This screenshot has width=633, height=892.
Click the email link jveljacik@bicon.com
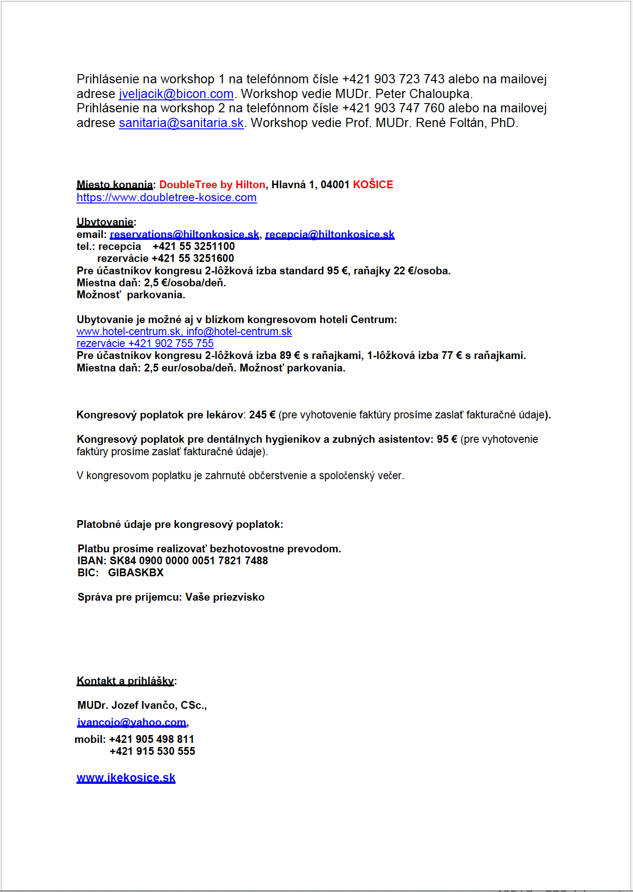point(176,94)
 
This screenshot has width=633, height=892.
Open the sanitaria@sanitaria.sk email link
point(181,123)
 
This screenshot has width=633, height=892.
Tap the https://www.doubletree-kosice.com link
point(166,197)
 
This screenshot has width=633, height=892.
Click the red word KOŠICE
point(373,185)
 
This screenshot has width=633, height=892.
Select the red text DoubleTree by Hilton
point(212,185)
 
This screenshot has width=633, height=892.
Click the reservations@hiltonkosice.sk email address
point(184,234)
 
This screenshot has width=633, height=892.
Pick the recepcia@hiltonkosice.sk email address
point(330,234)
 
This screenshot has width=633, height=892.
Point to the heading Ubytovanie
point(105,222)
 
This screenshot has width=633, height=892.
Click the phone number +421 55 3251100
point(193,246)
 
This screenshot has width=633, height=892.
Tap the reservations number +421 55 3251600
point(193,258)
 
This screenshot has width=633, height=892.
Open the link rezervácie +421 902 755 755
point(145,343)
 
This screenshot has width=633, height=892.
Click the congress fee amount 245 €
point(262,415)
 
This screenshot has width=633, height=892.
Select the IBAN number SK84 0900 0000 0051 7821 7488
point(188,561)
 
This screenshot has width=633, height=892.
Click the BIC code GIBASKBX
point(136,573)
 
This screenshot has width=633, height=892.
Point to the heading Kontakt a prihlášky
point(125,681)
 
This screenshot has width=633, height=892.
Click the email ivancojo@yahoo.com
point(132,723)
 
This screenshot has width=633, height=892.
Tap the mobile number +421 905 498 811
point(152,739)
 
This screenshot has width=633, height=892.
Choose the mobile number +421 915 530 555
point(152,751)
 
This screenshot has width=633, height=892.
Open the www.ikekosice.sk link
point(126,778)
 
